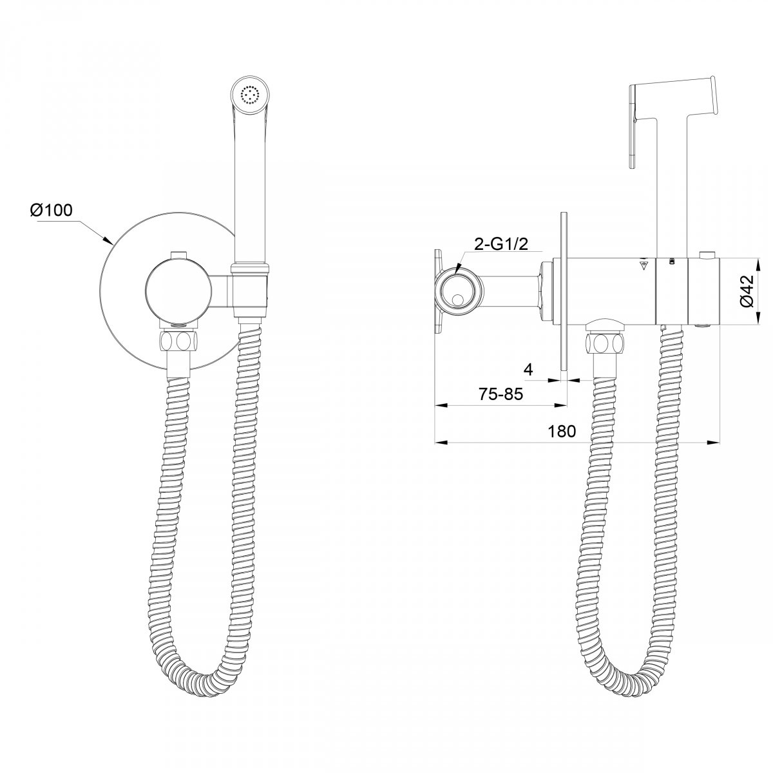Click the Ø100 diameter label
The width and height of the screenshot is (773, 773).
52,210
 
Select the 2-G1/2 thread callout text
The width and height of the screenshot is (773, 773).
501,245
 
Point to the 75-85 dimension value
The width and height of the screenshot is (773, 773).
501,394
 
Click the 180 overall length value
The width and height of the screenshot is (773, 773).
562,431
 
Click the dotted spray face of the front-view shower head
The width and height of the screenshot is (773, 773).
251,95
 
